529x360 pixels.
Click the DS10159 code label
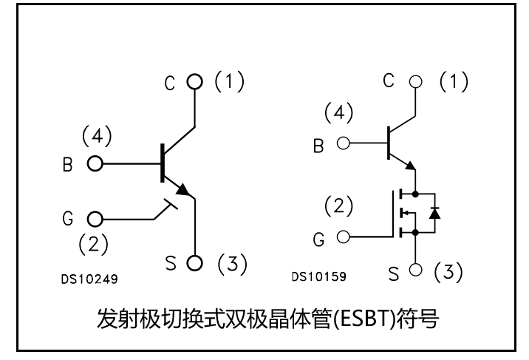pos(318,277)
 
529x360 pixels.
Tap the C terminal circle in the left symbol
pos(195,82)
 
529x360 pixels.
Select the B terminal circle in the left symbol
pos(95,163)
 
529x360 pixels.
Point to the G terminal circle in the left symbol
pos(95,220)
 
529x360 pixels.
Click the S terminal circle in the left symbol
pos(195,262)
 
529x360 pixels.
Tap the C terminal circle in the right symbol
pos(416,81)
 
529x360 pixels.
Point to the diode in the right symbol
pos(435,214)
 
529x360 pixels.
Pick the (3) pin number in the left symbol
pos(231,263)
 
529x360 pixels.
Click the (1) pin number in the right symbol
pos(454,82)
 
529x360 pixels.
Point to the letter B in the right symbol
pos(318,145)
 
